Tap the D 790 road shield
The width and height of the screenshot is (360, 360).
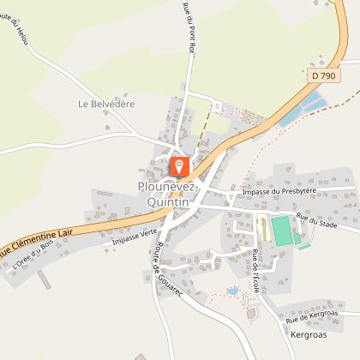pyautogui.click(x=323, y=76)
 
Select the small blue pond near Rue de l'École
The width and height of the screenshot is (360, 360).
pyautogui.click(x=232, y=291)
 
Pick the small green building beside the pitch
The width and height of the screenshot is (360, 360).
pyautogui.click(x=297, y=241)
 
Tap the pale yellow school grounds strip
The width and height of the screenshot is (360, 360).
pyautogui.click(x=262, y=230)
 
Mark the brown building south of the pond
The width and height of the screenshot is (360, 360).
pyautogui.click(x=250, y=313)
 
